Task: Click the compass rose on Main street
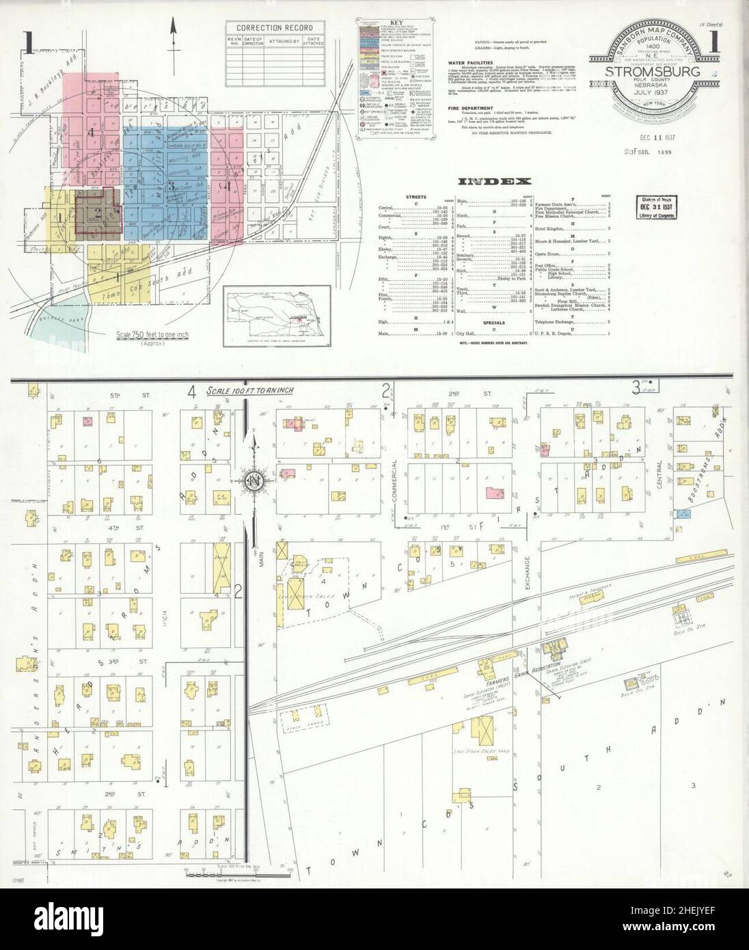coord(254,478)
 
